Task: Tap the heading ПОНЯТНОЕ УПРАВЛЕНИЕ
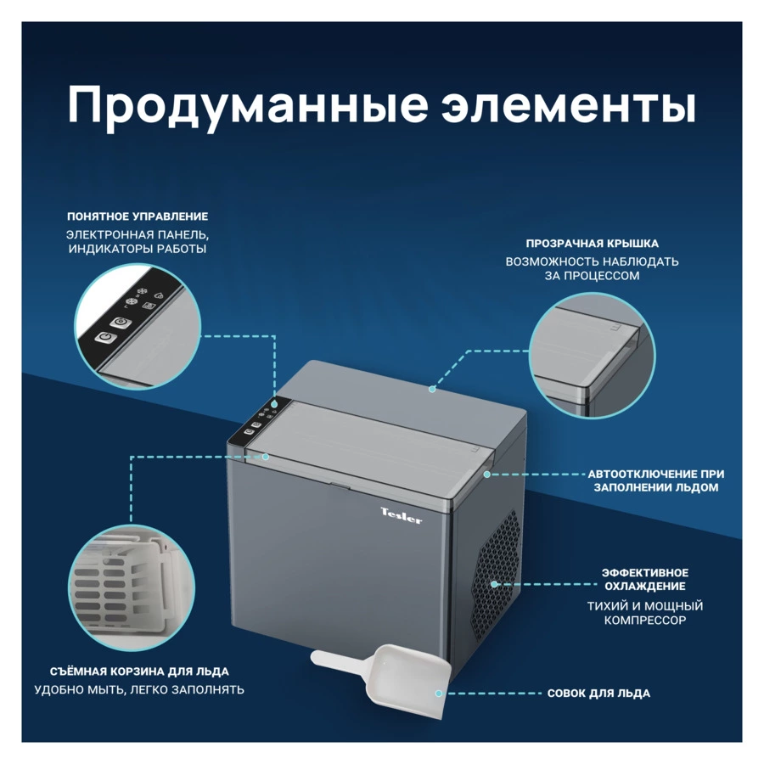coord(138,216)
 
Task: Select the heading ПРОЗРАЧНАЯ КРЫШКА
coord(592,244)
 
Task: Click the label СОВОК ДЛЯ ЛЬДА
coord(598,694)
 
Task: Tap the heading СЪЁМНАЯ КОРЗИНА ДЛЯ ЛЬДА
coord(132,671)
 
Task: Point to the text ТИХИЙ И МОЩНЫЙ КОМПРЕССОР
coord(645,613)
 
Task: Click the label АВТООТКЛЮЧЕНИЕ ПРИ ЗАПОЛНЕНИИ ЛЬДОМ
coord(656,480)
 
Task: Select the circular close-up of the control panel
coord(138,326)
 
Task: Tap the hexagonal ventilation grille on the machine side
coord(495,577)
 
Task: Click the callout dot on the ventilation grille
coord(495,584)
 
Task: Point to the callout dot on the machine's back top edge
coord(432,390)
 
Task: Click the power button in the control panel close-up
coord(103,339)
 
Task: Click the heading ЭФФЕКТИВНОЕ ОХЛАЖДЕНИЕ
coord(645,579)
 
